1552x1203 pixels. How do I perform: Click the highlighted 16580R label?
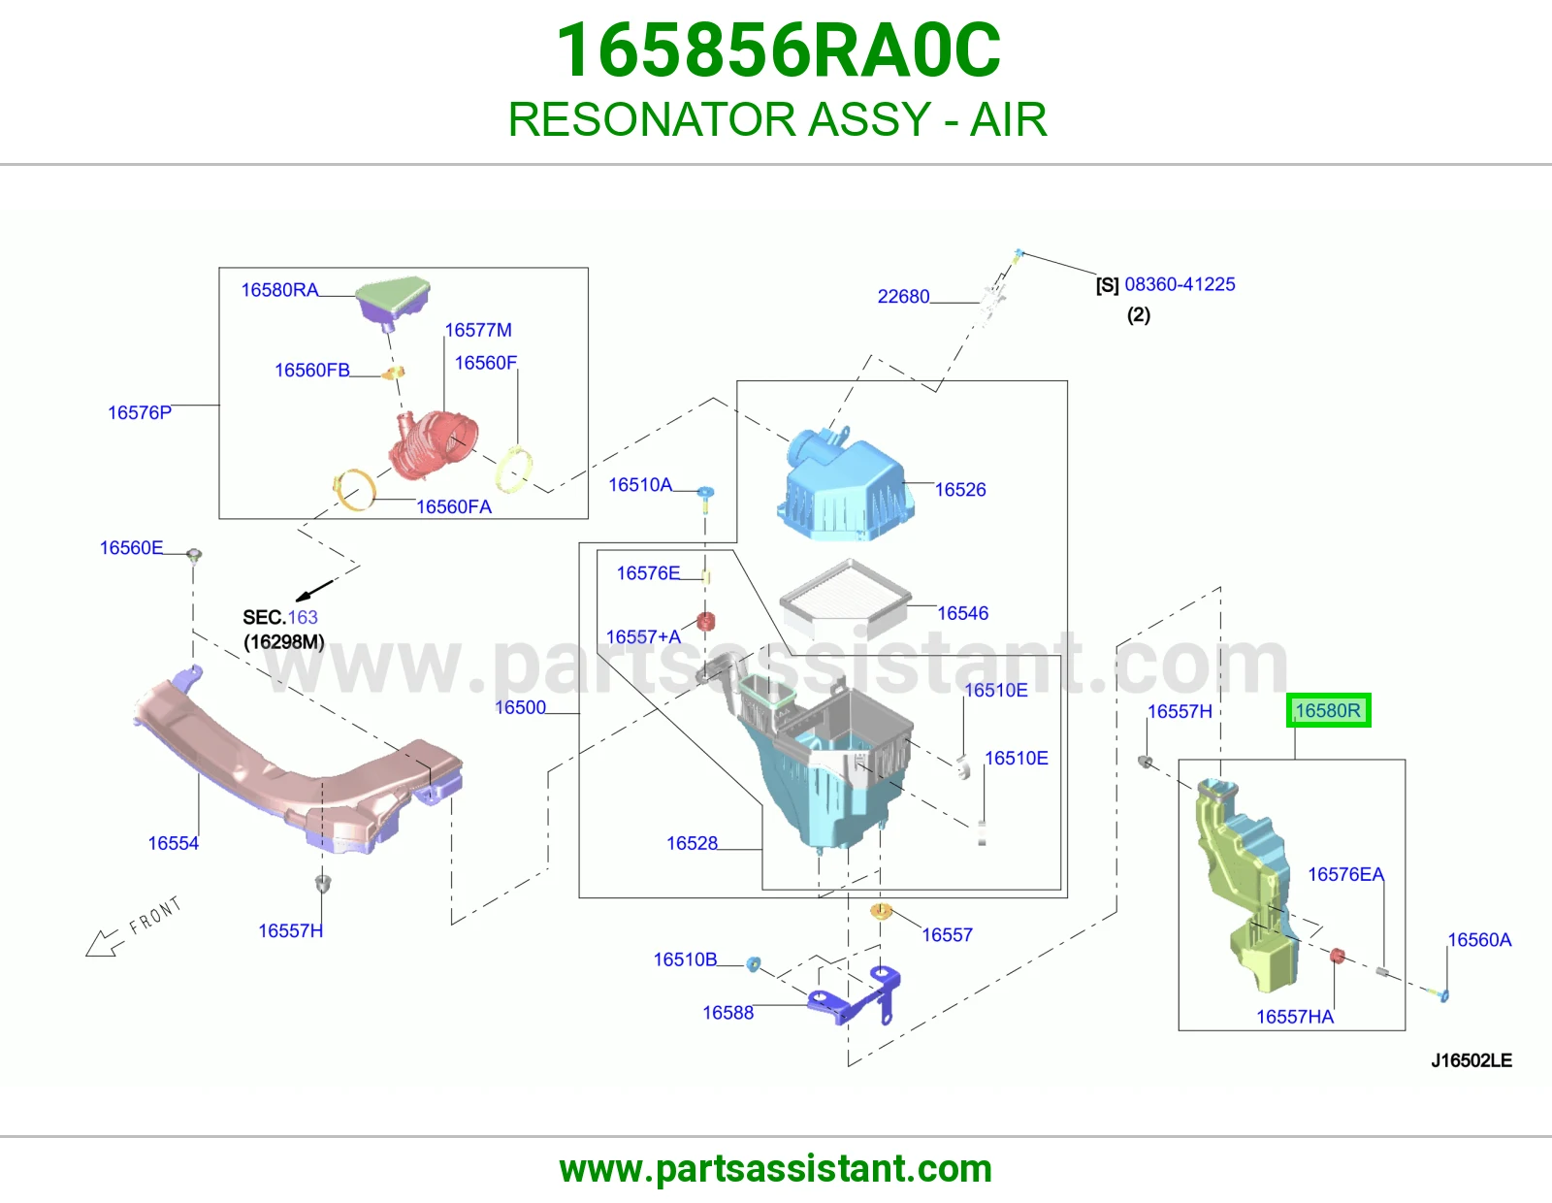1328,710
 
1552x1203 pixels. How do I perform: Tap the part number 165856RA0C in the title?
778,50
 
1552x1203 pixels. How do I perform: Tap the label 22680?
903,297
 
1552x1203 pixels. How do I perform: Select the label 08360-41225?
1180,284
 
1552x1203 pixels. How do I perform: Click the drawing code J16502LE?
1471,1060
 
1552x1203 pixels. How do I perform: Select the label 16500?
520,707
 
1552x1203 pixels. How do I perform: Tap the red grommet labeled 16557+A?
705,622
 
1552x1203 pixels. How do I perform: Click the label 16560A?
1479,940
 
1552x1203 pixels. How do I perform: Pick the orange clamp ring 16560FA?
355,489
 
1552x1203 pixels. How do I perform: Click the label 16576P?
140,413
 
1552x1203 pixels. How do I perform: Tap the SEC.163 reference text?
280,617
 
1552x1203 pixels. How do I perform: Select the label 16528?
692,844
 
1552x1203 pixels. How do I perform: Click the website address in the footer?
776,1169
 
